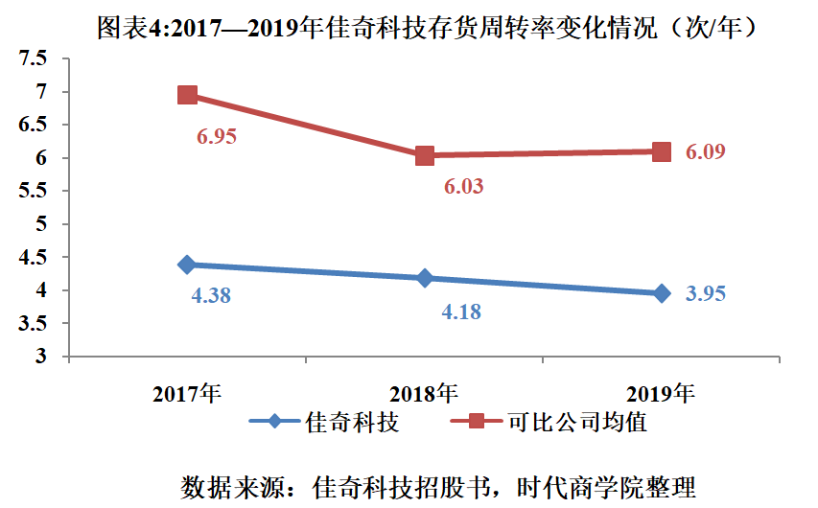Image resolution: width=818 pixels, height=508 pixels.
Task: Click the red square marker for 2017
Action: coord(188,95)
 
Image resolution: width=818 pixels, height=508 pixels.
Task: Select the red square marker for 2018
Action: coord(425,155)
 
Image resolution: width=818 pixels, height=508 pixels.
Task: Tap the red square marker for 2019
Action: coord(662,151)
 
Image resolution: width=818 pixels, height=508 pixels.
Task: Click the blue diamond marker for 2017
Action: coord(188,265)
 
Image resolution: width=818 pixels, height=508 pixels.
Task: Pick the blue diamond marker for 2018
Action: coord(425,278)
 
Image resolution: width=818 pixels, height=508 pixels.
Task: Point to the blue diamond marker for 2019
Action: coord(662,293)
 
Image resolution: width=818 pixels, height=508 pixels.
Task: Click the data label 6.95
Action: coord(217,136)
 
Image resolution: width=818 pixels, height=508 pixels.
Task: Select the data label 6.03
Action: coord(463,187)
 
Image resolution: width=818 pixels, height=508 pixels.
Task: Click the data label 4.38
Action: coord(211,296)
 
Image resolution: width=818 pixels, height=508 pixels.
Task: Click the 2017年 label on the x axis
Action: coord(188,393)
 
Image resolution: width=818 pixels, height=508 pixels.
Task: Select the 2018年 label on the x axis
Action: coord(425,393)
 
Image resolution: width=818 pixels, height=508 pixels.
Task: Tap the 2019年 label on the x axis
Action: coord(661,393)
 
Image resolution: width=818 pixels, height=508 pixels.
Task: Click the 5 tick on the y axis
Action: coord(41,224)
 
